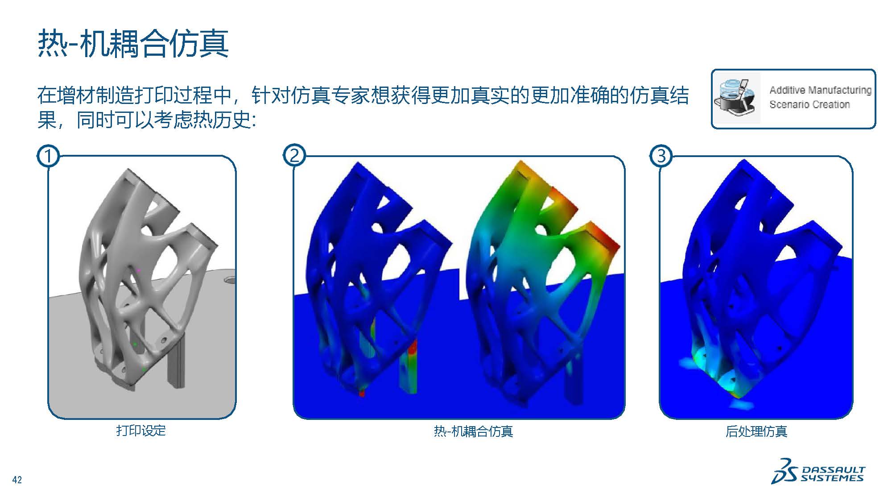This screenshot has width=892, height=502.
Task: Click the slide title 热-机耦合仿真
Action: (133, 44)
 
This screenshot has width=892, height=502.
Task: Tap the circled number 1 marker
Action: (48, 156)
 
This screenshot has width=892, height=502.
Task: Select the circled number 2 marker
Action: (294, 156)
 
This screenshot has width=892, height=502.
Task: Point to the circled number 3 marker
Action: (661, 156)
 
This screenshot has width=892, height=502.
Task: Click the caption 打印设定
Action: (141, 431)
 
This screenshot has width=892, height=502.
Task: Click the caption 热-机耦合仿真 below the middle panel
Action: (473, 431)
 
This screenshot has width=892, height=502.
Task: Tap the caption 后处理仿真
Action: (756, 431)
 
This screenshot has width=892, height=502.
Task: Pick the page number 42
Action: (17, 480)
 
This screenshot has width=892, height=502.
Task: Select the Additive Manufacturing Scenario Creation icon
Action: (736, 99)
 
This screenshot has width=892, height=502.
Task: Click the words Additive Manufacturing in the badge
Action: (820, 90)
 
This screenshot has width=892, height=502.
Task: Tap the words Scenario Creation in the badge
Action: (809, 104)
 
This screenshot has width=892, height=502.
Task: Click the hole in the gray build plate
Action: (230, 281)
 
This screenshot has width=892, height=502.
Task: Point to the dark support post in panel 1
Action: (175, 361)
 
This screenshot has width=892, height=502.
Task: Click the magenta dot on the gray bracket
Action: (138, 270)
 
